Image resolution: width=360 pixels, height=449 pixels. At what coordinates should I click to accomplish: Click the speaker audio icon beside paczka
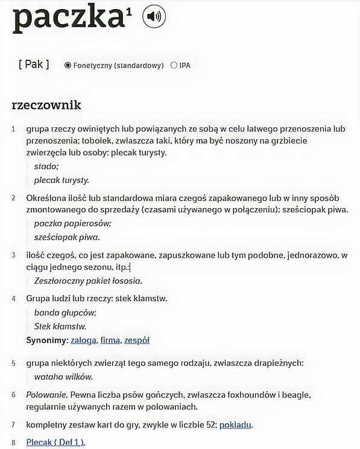click(154, 16)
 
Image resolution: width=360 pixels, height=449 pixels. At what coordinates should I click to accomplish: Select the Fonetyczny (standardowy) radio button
click(68, 65)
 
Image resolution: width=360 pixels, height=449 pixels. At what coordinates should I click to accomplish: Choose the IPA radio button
click(174, 65)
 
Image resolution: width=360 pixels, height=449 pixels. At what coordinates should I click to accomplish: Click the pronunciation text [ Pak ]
click(34, 64)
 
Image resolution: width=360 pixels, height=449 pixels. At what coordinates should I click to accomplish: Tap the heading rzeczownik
click(46, 105)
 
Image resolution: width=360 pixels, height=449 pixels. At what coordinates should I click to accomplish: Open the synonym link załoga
click(83, 340)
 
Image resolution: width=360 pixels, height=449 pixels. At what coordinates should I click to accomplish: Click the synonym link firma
click(110, 340)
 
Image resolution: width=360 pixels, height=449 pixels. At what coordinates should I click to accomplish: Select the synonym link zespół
click(137, 340)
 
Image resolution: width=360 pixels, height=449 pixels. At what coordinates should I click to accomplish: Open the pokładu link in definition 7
click(236, 425)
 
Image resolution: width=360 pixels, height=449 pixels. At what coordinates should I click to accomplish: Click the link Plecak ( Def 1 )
click(55, 443)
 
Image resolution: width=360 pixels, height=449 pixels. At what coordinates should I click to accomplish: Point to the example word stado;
click(46, 167)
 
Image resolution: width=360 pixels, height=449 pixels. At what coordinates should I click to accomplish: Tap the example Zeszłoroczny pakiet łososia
click(88, 281)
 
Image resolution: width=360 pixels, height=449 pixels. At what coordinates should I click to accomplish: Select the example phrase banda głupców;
click(65, 313)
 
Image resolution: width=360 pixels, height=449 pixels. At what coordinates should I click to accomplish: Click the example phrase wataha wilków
click(63, 377)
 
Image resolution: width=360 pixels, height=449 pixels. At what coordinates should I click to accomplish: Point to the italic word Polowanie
click(46, 395)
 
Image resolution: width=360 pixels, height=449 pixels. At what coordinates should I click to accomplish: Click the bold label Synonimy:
click(47, 340)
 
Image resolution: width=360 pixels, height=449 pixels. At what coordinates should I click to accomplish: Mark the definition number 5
click(13, 363)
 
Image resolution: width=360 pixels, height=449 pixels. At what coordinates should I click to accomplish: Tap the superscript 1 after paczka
click(129, 11)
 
